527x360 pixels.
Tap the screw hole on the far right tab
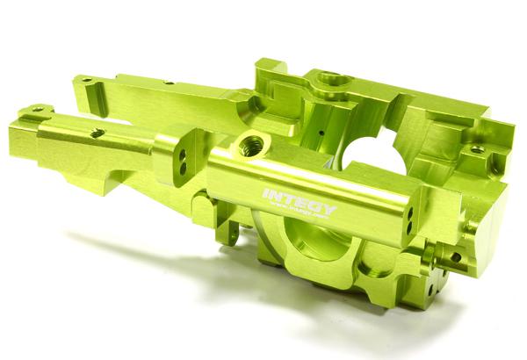(476, 151)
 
